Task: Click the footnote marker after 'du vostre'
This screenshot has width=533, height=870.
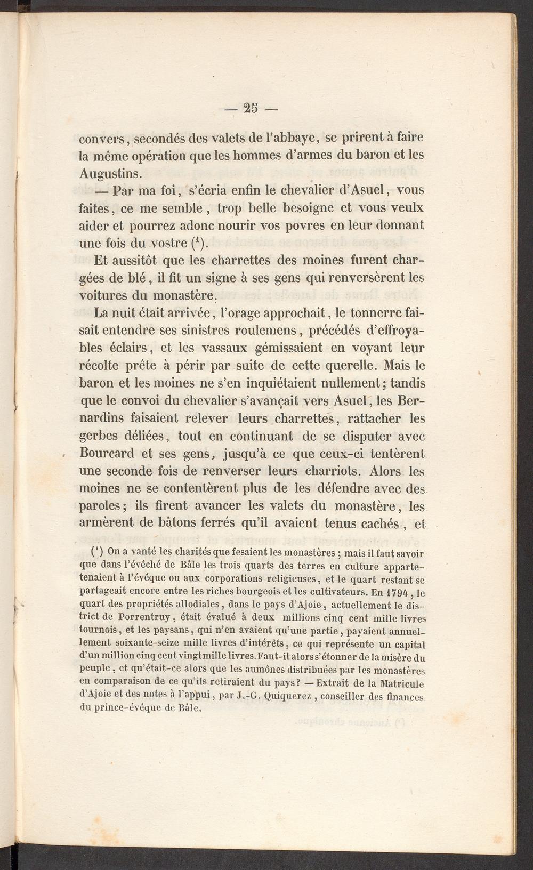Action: [x=197, y=243]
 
